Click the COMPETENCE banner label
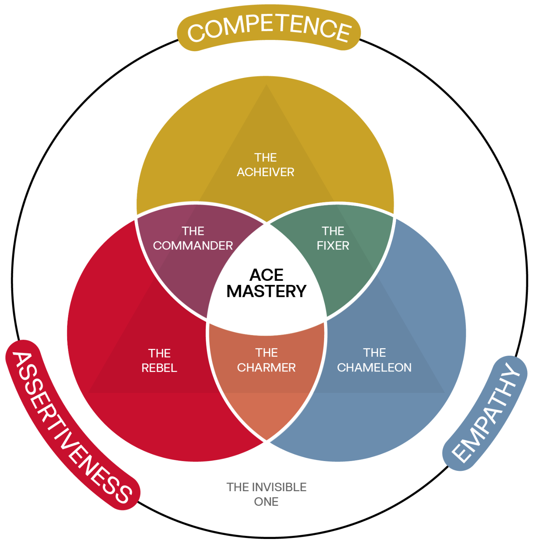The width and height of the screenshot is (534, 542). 269,28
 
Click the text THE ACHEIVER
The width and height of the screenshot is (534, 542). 265,165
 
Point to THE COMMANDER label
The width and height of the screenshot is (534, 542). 193,238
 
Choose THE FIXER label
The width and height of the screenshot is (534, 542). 333,238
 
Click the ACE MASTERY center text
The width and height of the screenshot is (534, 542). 266,283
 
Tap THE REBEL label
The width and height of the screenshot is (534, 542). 159,361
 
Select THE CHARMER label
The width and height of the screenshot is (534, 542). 266,360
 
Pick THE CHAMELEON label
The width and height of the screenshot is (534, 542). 374,360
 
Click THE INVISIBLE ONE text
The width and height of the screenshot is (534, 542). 266,494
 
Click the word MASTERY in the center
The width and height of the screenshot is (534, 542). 266,291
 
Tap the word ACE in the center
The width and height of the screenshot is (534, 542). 266,275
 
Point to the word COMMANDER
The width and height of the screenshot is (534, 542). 193,246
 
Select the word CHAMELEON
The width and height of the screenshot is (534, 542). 374,368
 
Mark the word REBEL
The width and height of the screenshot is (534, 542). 159,368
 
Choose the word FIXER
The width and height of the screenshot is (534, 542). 333,246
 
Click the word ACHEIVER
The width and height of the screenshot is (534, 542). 265,172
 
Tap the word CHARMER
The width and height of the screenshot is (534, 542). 266,368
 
